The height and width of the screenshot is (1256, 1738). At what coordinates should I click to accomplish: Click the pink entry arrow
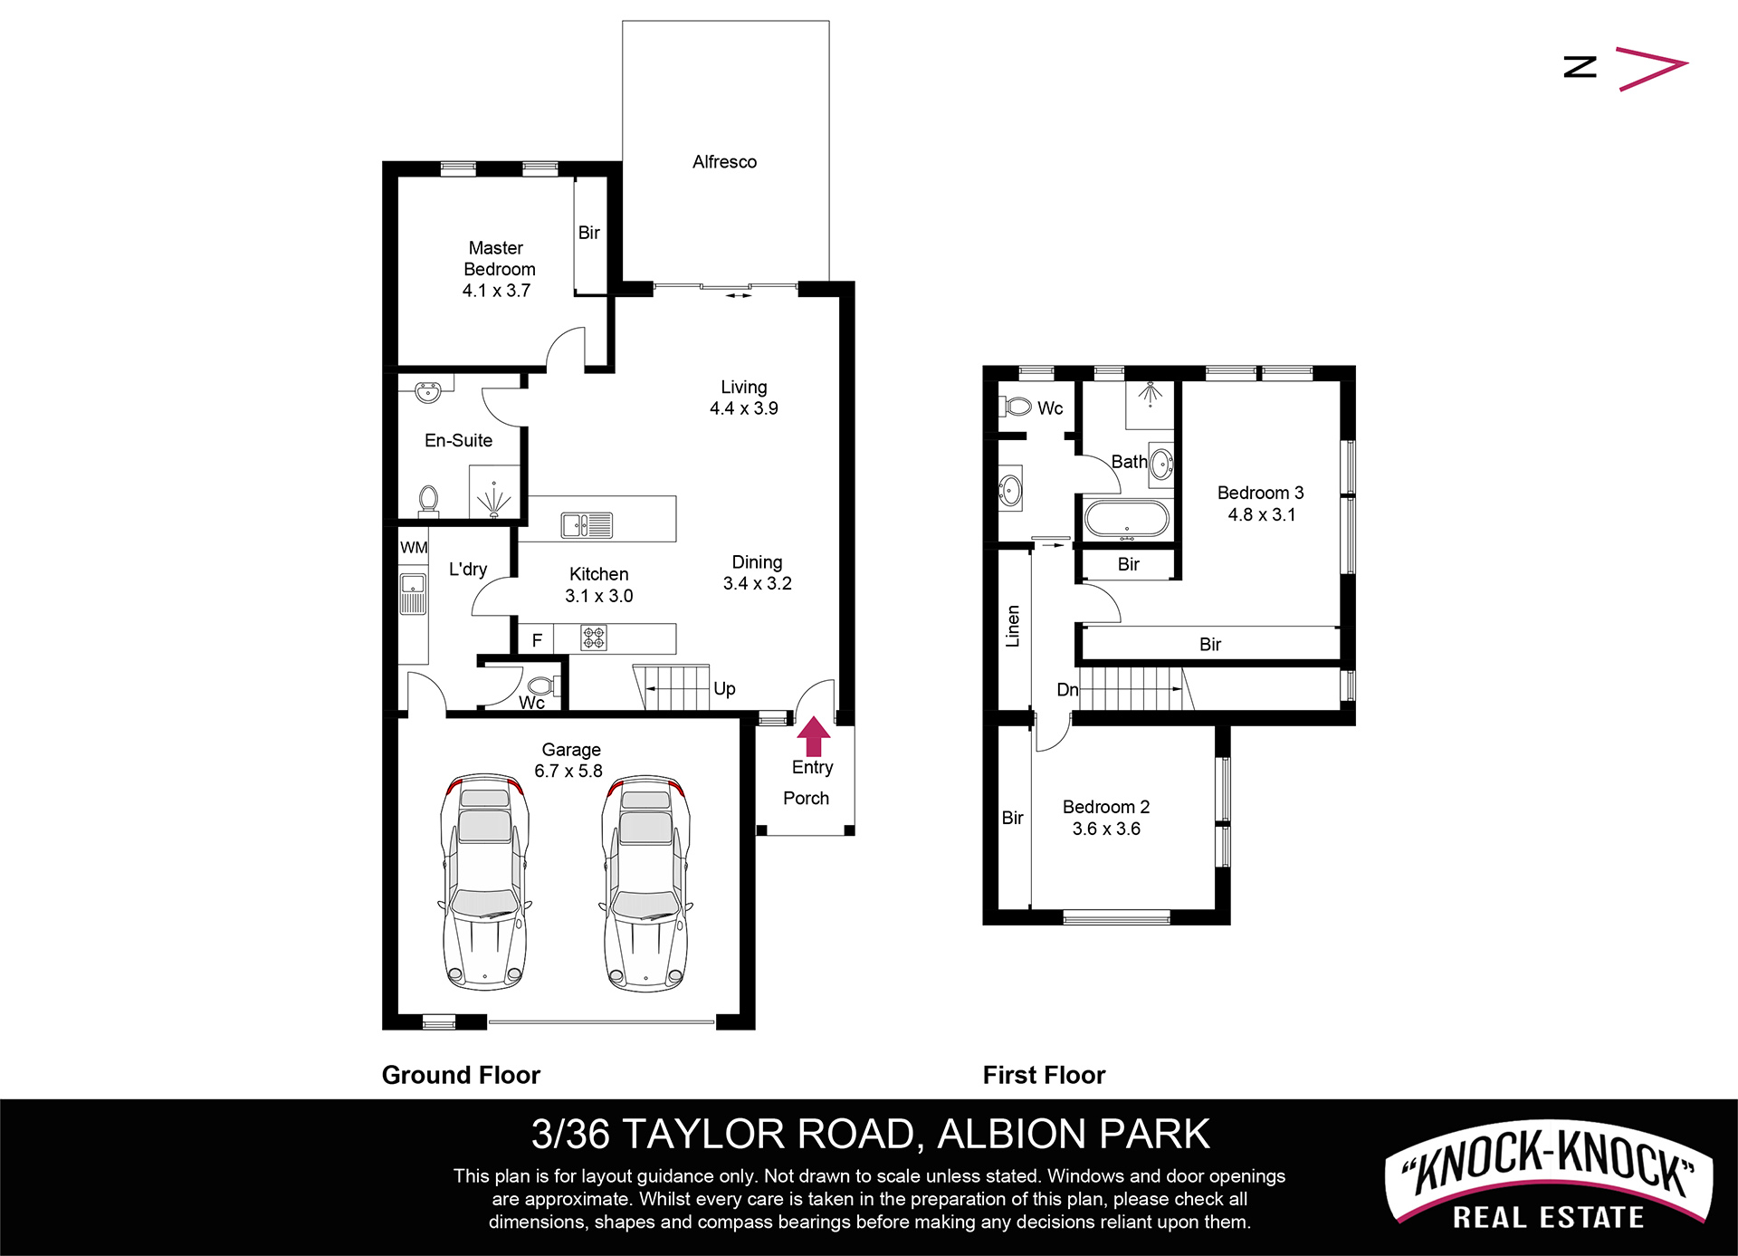tap(814, 735)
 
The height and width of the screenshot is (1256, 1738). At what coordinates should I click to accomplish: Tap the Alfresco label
tap(724, 162)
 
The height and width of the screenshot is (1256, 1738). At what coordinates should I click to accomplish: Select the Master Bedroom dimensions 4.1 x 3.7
tap(496, 291)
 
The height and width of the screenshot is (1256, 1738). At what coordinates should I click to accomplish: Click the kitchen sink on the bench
tap(587, 525)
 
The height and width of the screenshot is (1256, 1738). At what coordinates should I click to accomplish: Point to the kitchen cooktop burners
tap(594, 638)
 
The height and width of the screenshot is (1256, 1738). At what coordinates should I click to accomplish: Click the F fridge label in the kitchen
tap(537, 640)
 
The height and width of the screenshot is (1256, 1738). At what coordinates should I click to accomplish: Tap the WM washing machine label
tap(414, 548)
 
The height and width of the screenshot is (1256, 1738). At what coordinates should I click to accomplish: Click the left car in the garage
tap(485, 882)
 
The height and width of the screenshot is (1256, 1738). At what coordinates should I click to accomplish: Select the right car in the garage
tap(646, 882)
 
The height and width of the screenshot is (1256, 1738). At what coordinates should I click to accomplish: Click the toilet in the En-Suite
tap(428, 501)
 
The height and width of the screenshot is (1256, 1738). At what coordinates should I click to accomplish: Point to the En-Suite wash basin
tap(427, 392)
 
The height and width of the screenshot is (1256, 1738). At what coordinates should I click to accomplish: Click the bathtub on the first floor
tap(1127, 519)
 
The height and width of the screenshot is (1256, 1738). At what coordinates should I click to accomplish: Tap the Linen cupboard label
tap(1013, 626)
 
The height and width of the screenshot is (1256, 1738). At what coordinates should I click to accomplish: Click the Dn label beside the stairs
tap(1067, 690)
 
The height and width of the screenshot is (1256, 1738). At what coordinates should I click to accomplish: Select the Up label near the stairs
tap(724, 689)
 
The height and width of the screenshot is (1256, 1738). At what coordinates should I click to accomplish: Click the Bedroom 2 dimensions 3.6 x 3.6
tap(1106, 829)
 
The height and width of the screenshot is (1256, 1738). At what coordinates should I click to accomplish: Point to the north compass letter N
tap(1580, 66)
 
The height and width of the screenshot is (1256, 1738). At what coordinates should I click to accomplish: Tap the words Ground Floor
tap(461, 1075)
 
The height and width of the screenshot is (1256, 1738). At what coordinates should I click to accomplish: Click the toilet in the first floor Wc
tap(1018, 407)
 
